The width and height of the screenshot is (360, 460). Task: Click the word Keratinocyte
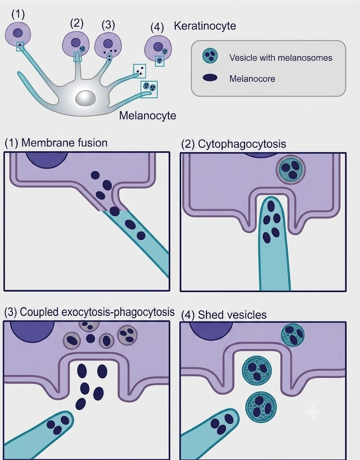pyautogui.click(x=205, y=26)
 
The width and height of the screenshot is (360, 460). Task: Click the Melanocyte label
pyautogui.click(x=148, y=115)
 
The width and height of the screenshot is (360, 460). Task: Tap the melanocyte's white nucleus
pyautogui.click(x=85, y=98)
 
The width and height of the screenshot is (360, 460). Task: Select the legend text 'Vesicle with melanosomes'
pyautogui.click(x=281, y=58)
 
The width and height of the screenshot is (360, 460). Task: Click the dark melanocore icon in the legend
pyautogui.click(x=210, y=78)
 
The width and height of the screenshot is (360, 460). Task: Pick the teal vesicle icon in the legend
pyautogui.click(x=210, y=56)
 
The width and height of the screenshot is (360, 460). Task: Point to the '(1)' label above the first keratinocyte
pyautogui.click(x=18, y=14)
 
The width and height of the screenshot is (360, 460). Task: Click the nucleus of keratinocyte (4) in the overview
pyautogui.click(x=158, y=46)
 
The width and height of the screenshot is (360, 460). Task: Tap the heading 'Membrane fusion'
pyautogui.click(x=64, y=143)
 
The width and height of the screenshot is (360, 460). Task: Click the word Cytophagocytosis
pyautogui.click(x=242, y=144)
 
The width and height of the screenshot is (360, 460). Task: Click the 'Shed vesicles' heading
pyautogui.click(x=232, y=315)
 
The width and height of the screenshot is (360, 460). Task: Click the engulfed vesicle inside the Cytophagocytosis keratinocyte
pyautogui.click(x=290, y=170)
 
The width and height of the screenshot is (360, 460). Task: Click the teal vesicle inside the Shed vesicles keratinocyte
pyautogui.click(x=293, y=335)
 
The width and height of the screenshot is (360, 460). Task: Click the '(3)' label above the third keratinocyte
pyautogui.click(x=108, y=25)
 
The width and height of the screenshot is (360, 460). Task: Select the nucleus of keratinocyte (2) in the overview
pyautogui.click(x=75, y=42)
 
